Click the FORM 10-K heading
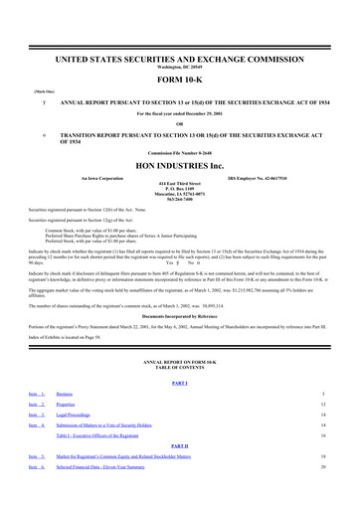(180, 80)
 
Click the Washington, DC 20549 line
(180, 68)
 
